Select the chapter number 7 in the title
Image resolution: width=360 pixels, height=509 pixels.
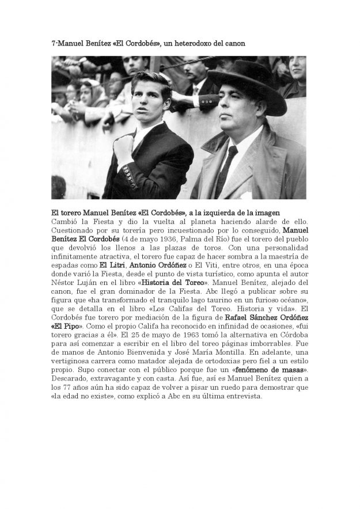(x=53, y=43)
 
